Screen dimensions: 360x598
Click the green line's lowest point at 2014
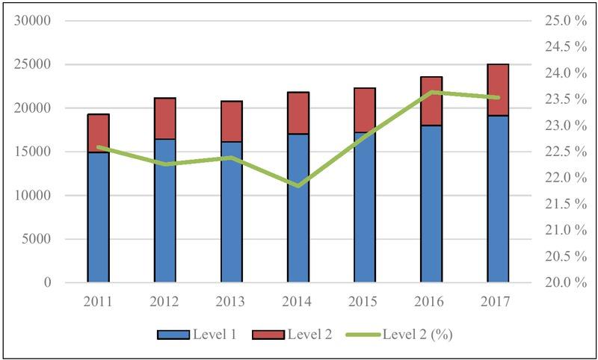pos(298,185)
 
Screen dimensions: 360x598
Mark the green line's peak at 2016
pos(431,92)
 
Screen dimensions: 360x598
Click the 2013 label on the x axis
pos(231,301)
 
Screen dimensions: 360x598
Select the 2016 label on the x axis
pos(431,301)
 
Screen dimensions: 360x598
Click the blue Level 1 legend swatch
pos(172,335)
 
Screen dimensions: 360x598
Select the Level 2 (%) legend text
pos(417,335)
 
